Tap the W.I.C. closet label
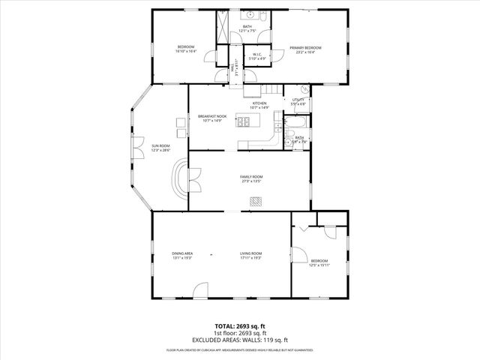[256, 54]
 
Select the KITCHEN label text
[259, 104]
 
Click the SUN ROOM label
[160, 145]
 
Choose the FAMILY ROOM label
[251, 177]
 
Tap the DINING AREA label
[182, 254]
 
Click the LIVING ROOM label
[250, 254]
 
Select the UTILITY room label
[298, 100]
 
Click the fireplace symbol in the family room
[256, 201]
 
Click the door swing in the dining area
[199, 289]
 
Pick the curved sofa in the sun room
[181, 179]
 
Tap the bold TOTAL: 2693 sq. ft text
[239, 327]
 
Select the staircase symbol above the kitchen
[255, 88]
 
